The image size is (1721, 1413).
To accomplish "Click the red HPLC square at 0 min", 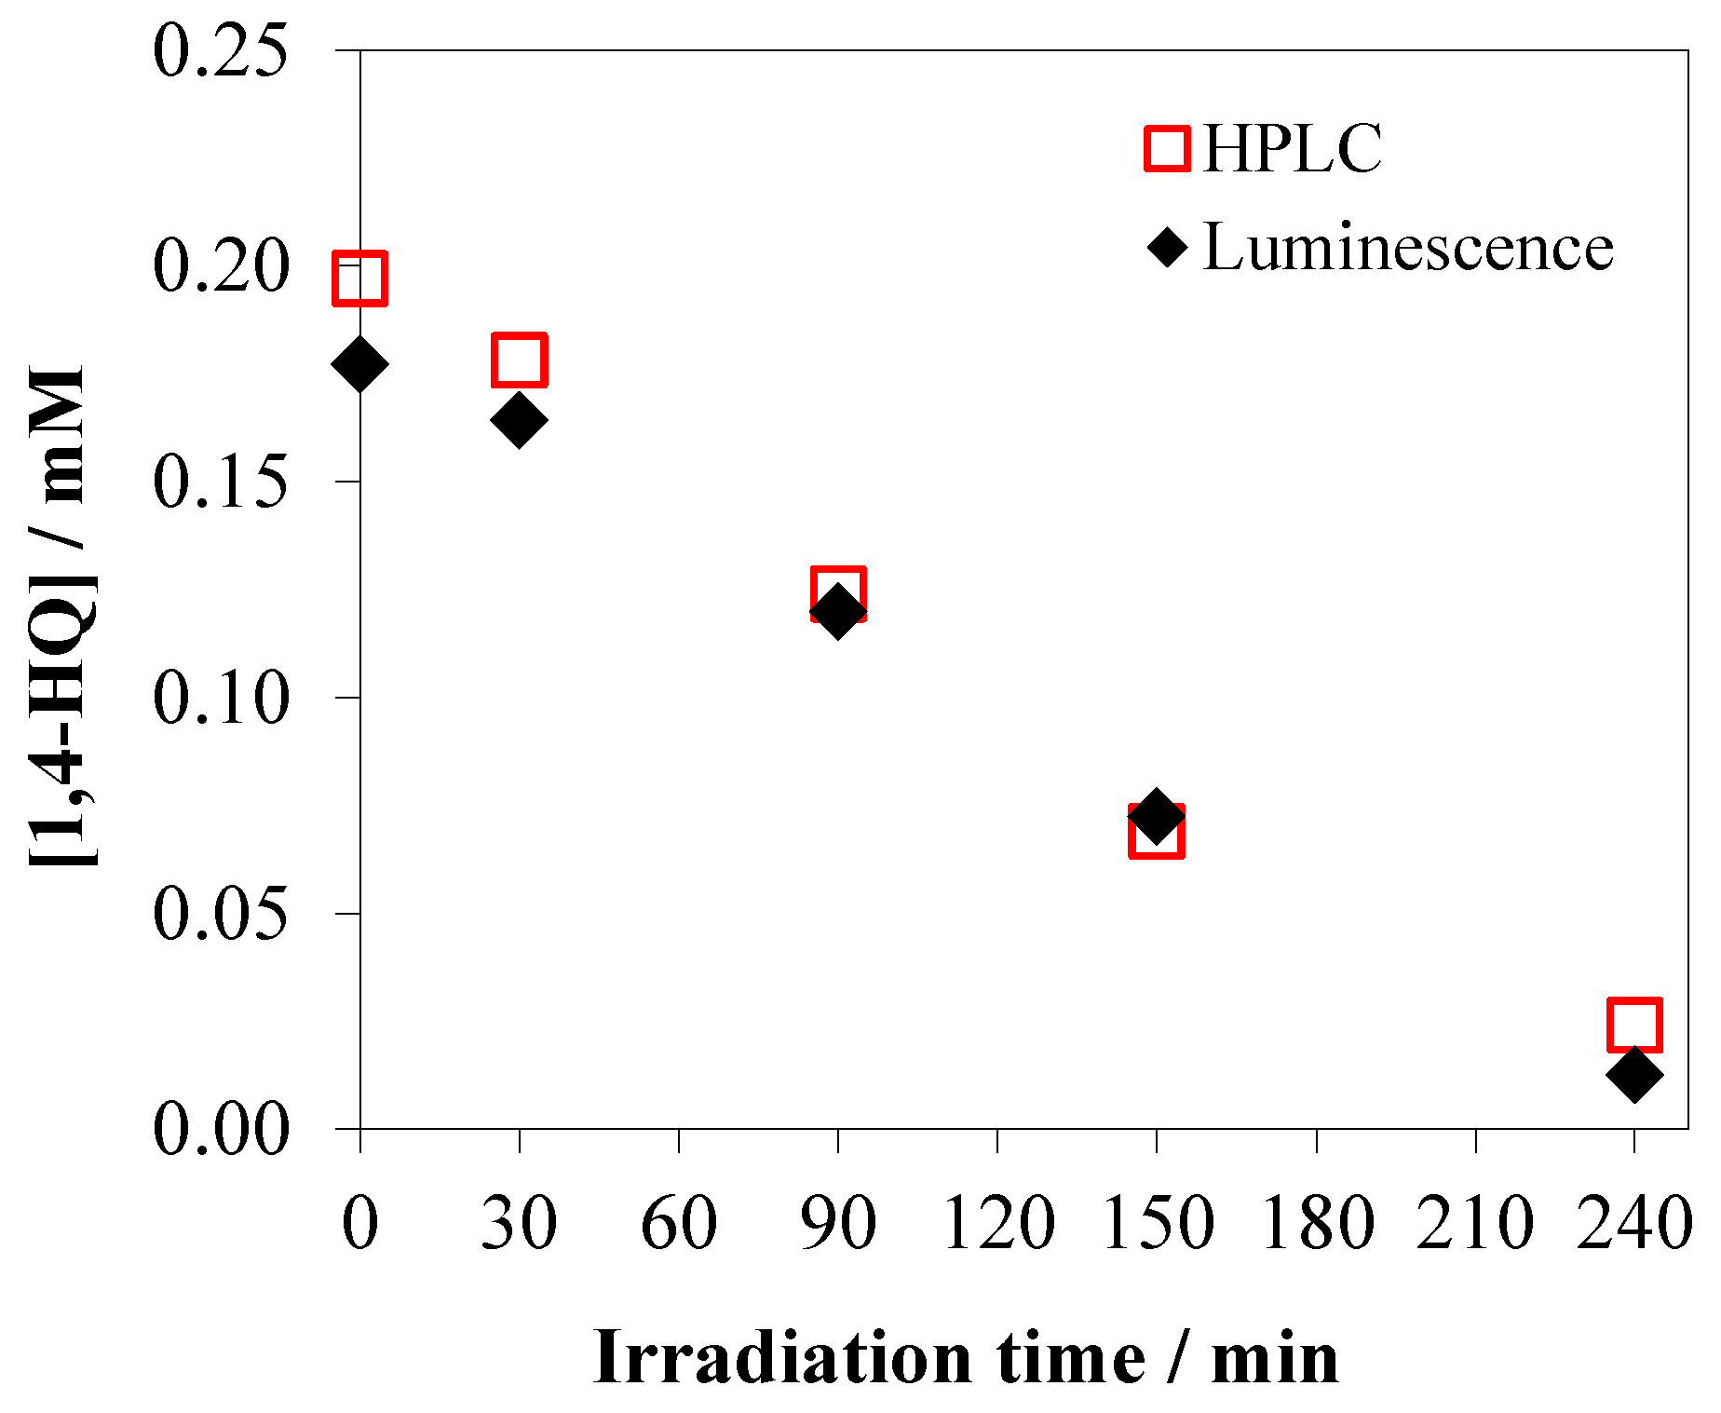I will (x=359, y=278).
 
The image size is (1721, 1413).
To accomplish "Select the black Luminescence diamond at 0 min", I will (x=359, y=364).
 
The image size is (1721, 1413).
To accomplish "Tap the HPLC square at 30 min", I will (x=519, y=359).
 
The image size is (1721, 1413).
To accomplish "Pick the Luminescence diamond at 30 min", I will (x=519, y=419).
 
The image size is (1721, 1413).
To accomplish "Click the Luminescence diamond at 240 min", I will (x=1634, y=1074).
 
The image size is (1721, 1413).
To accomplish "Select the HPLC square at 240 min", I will (x=1634, y=1025).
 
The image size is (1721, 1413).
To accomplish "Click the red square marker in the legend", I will (x=1167, y=149).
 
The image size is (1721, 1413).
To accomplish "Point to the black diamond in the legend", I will (x=1167, y=248).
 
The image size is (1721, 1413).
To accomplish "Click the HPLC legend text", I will (x=1293, y=149).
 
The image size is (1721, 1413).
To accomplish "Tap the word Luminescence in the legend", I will (x=1408, y=248).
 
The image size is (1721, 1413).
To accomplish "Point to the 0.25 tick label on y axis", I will (x=220, y=51).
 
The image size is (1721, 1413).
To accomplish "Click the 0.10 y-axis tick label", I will (x=220, y=698).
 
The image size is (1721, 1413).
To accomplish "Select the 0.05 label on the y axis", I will (x=220, y=914).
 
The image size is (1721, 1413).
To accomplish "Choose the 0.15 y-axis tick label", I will (x=220, y=482).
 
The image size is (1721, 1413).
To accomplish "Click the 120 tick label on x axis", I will (x=998, y=1223).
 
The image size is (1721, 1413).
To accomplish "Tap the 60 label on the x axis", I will (x=679, y=1223).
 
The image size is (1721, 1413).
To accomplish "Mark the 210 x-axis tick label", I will (x=1475, y=1223).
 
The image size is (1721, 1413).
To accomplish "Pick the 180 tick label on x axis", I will (x=1317, y=1223).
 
